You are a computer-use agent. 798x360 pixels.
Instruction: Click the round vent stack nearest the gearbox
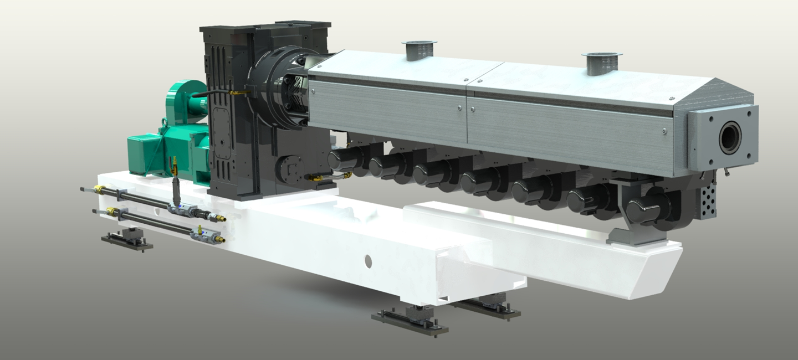tap(420, 50)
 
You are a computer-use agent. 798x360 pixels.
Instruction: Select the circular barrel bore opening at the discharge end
tap(730, 138)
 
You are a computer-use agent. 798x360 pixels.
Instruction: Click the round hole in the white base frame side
tap(368, 261)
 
